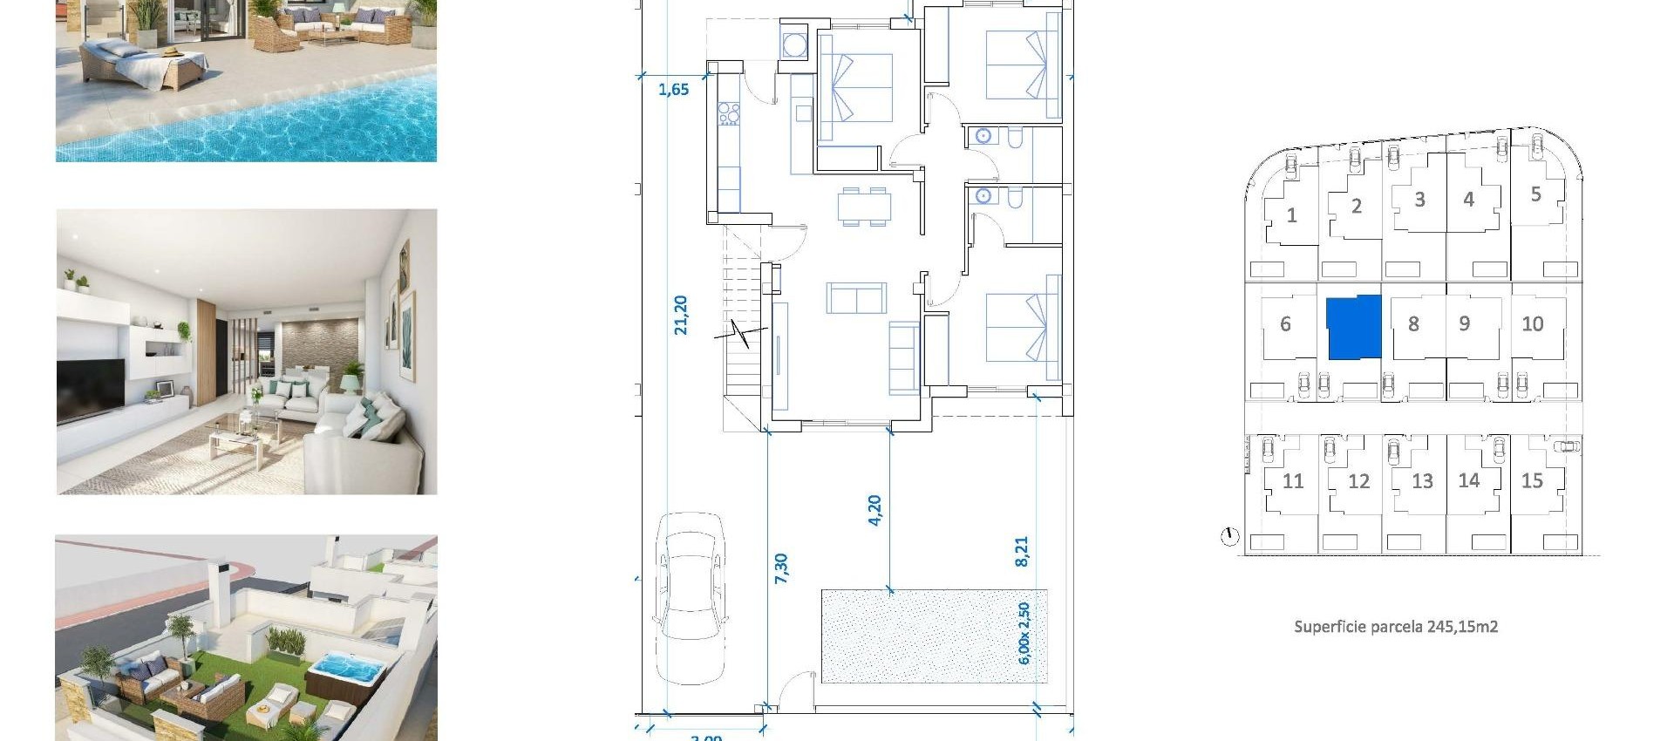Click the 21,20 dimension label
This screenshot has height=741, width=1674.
tap(681, 315)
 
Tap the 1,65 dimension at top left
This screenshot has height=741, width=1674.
tap(673, 89)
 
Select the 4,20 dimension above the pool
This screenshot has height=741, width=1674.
tap(874, 510)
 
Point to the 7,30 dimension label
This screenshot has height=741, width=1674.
tap(780, 568)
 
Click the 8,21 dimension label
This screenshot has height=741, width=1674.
tap(1022, 551)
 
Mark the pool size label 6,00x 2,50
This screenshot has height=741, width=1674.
tap(1024, 633)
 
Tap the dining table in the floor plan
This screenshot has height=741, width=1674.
tap(864, 207)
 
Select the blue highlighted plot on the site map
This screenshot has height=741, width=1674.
tap(1354, 327)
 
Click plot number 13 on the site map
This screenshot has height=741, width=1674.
tap(1422, 481)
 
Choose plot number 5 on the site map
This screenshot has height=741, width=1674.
tap(1535, 194)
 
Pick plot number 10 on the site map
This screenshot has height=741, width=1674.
tap(1532, 324)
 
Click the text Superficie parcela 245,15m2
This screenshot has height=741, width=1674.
tap(1396, 626)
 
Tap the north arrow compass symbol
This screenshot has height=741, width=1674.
tap(1229, 536)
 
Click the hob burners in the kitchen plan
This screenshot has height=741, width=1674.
tap(728, 113)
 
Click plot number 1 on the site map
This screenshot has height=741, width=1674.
tap(1291, 215)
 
